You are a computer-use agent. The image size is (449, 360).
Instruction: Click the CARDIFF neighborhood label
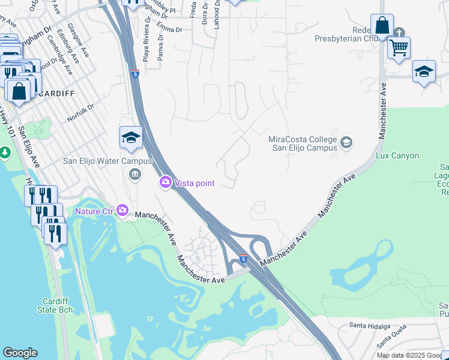[x=58, y=94]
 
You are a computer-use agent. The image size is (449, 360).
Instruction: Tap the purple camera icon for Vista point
[x=166, y=182]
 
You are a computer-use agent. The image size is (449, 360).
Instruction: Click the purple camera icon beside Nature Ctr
[x=123, y=211]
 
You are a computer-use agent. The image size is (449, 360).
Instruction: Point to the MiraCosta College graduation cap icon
[x=346, y=143]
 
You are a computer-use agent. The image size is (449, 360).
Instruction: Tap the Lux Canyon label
[x=397, y=155]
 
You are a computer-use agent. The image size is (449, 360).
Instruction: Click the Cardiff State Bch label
[x=58, y=305]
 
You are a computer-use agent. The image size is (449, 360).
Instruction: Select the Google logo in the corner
[x=20, y=353]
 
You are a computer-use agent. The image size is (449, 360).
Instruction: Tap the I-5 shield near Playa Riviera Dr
[x=136, y=74]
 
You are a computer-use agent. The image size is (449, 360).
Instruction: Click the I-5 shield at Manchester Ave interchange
[x=243, y=259]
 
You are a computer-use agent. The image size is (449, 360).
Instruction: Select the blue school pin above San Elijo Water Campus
[x=131, y=138]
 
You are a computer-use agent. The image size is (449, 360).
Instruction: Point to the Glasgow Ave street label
[x=79, y=41]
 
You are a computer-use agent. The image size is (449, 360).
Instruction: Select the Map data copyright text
[x=412, y=355]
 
